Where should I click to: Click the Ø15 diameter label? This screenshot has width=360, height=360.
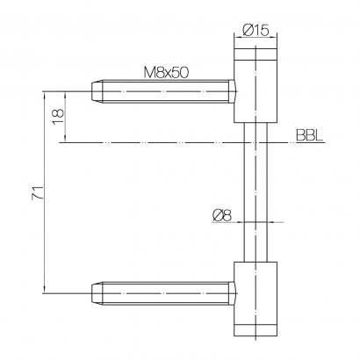(x=256, y=30)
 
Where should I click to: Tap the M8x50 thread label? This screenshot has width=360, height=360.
(x=166, y=73)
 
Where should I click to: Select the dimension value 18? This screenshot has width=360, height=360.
(x=58, y=117)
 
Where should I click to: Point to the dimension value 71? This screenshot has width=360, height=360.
(x=38, y=192)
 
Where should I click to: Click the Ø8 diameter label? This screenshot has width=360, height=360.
(x=222, y=216)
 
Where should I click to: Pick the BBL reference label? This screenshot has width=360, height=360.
(x=310, y=135)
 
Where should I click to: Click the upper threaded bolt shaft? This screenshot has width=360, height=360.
(x=165, y=91)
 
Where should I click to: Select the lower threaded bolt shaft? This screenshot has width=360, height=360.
(x=165, y=293)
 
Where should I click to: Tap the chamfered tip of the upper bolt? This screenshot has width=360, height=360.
(x=97, y=91)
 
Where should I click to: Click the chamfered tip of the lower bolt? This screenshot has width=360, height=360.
(x=97, y=293)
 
